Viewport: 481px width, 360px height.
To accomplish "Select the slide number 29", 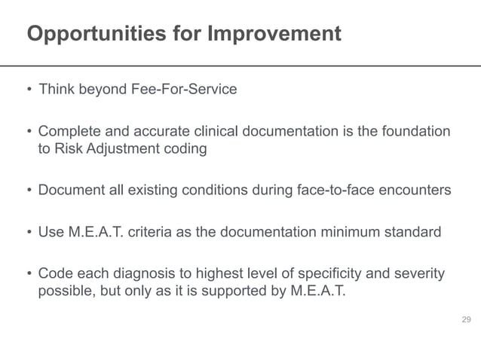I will [x=466, y=322].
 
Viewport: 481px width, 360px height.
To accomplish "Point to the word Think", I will [x=55, y=90].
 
